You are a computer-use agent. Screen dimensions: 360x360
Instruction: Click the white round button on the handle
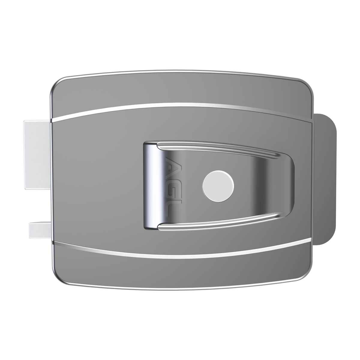(218, 186)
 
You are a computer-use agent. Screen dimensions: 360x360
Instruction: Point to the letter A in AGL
(171, 163)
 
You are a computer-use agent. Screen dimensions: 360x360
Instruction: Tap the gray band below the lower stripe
(180, 271)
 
